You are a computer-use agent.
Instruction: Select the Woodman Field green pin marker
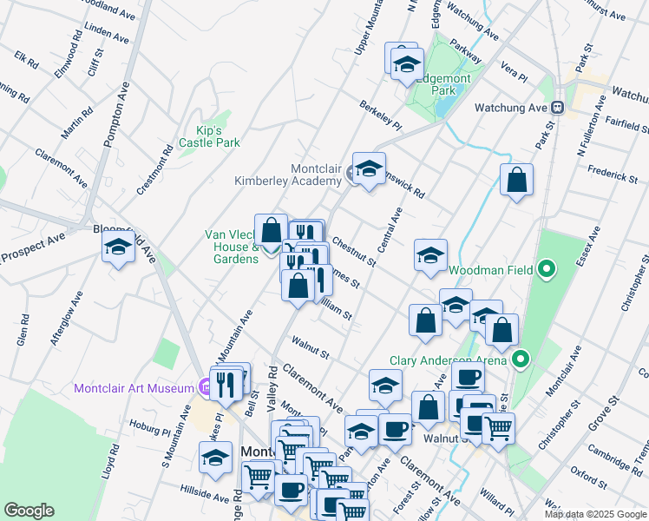pyautogui.click(x=546, y=271)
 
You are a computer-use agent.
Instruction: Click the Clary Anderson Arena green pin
pyautogui.click(x=521, y=359)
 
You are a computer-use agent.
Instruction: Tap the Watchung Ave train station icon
pyautogui.click(x=558, y=108)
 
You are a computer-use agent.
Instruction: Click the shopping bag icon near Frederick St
pyautogui.click(x=517, y=181)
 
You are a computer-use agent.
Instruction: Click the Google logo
pyautogui.click(x=29, y=511)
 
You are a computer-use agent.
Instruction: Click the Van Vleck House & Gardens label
pyautogui.click(x=232, y=247)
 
